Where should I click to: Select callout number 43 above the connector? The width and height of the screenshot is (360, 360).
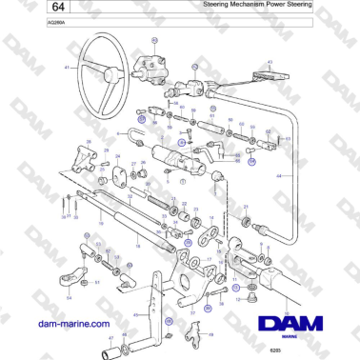270,63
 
